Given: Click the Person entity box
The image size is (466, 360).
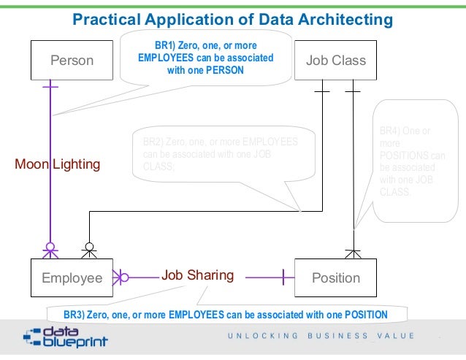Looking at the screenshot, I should pyautogui.click(x=72, y=60).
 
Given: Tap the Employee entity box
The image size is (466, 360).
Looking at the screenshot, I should pyautogui.click(x=72, y=277).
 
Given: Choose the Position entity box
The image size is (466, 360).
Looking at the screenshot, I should pyautogui.click(x=335, y=277).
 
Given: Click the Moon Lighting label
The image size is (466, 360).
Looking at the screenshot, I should pyautogui.click(x=57, y=164).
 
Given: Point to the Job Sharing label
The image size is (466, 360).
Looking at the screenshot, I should pyautogui.click(x=197, y=275).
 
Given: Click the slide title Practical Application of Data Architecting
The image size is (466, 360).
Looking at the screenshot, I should pyautogui.click(x=232, y=18).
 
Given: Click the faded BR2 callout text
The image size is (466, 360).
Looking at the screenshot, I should pyautogui.click(x=219, y=154).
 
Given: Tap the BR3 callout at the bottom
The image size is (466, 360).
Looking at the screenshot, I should pyautogui.click(x=225, y=315).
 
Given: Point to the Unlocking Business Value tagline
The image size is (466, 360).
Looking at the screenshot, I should pyautogui.click(x=321, y=336).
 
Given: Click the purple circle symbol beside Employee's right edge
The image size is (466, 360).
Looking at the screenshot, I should pyautogui.click(x=124, y=277).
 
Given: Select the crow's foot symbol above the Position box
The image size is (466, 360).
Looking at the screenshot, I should pyautogui.click(x=353, y=253).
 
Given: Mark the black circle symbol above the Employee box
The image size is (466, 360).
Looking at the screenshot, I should pyautogui.click(x=89, y=246).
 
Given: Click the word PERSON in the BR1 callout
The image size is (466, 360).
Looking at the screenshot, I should pyautogui.click(x=224, y=71).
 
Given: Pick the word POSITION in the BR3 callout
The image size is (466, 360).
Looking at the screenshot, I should pyautogui.click(x=363, y=315).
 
